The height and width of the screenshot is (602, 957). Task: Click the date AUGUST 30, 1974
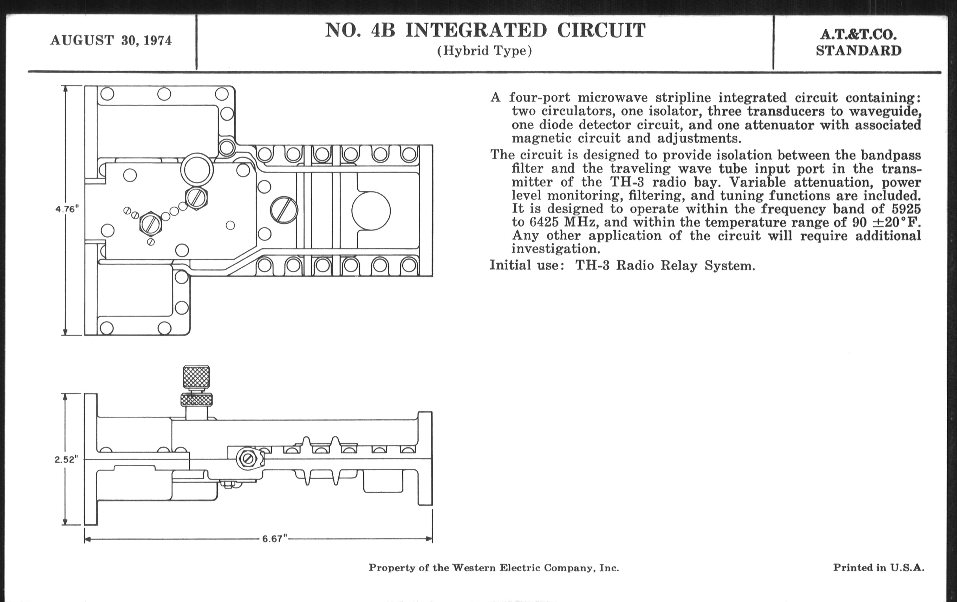point(111,41)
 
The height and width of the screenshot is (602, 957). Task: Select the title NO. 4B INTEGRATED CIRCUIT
point(485,30)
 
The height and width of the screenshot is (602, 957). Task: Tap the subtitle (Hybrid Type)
point(484,51)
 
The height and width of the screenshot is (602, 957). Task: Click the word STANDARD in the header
point(859,51)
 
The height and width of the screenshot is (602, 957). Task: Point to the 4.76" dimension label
point(67,209)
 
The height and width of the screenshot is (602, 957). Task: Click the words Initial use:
point(527,265)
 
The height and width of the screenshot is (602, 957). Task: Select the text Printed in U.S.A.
point(878,567)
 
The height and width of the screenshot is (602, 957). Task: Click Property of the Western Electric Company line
point(493,568)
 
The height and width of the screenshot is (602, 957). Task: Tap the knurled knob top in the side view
point(196,377)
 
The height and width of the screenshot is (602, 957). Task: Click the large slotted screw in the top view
point(284,210)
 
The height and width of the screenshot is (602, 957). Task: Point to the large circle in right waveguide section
point(371,211)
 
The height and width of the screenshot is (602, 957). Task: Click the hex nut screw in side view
point(249,459)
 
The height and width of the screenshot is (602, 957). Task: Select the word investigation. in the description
point(556,249)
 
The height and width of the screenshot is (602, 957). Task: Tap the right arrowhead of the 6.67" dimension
point(429,539)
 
